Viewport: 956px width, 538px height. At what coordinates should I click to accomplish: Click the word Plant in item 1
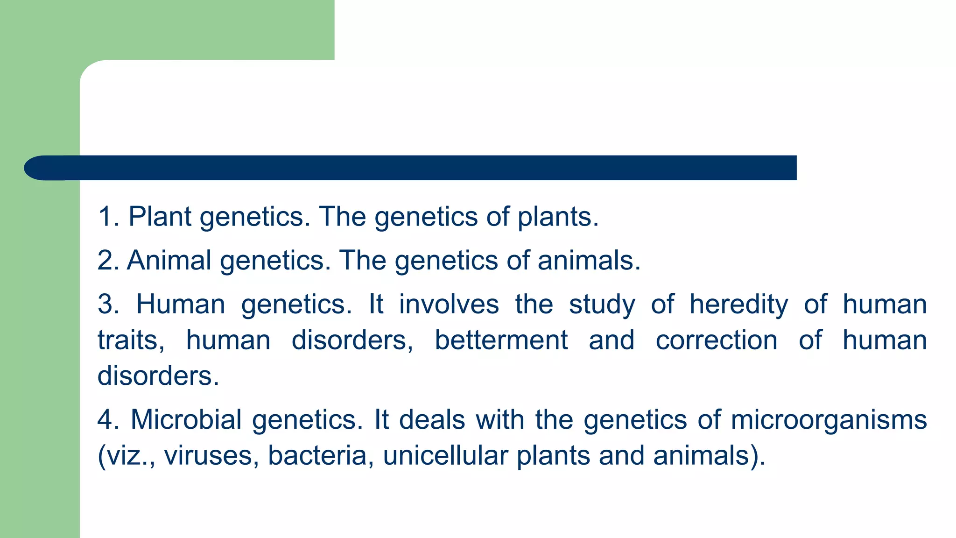[160, 217]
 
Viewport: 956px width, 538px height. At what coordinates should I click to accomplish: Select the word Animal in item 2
[169, 260]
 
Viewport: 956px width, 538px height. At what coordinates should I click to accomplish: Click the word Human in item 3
[181, 304]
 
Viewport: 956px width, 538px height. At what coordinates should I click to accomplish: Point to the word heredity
[738, 304]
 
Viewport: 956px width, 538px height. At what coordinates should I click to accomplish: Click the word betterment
[501, 340]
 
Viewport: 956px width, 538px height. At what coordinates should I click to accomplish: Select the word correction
[716, 340]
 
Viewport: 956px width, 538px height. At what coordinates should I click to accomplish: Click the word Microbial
[186, 419]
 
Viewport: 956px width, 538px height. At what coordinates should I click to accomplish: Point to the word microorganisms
[829, 419]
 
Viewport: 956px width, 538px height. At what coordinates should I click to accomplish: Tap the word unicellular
[445, 455]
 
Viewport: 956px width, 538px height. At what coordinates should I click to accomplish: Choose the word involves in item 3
[449, 304]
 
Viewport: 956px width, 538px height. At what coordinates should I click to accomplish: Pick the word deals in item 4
[432, 419]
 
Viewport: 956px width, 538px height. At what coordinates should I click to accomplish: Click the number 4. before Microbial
[108, 419]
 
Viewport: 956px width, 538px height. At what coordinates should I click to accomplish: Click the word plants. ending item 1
[558, 218]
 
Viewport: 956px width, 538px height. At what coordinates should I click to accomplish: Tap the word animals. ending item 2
[589, 260]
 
